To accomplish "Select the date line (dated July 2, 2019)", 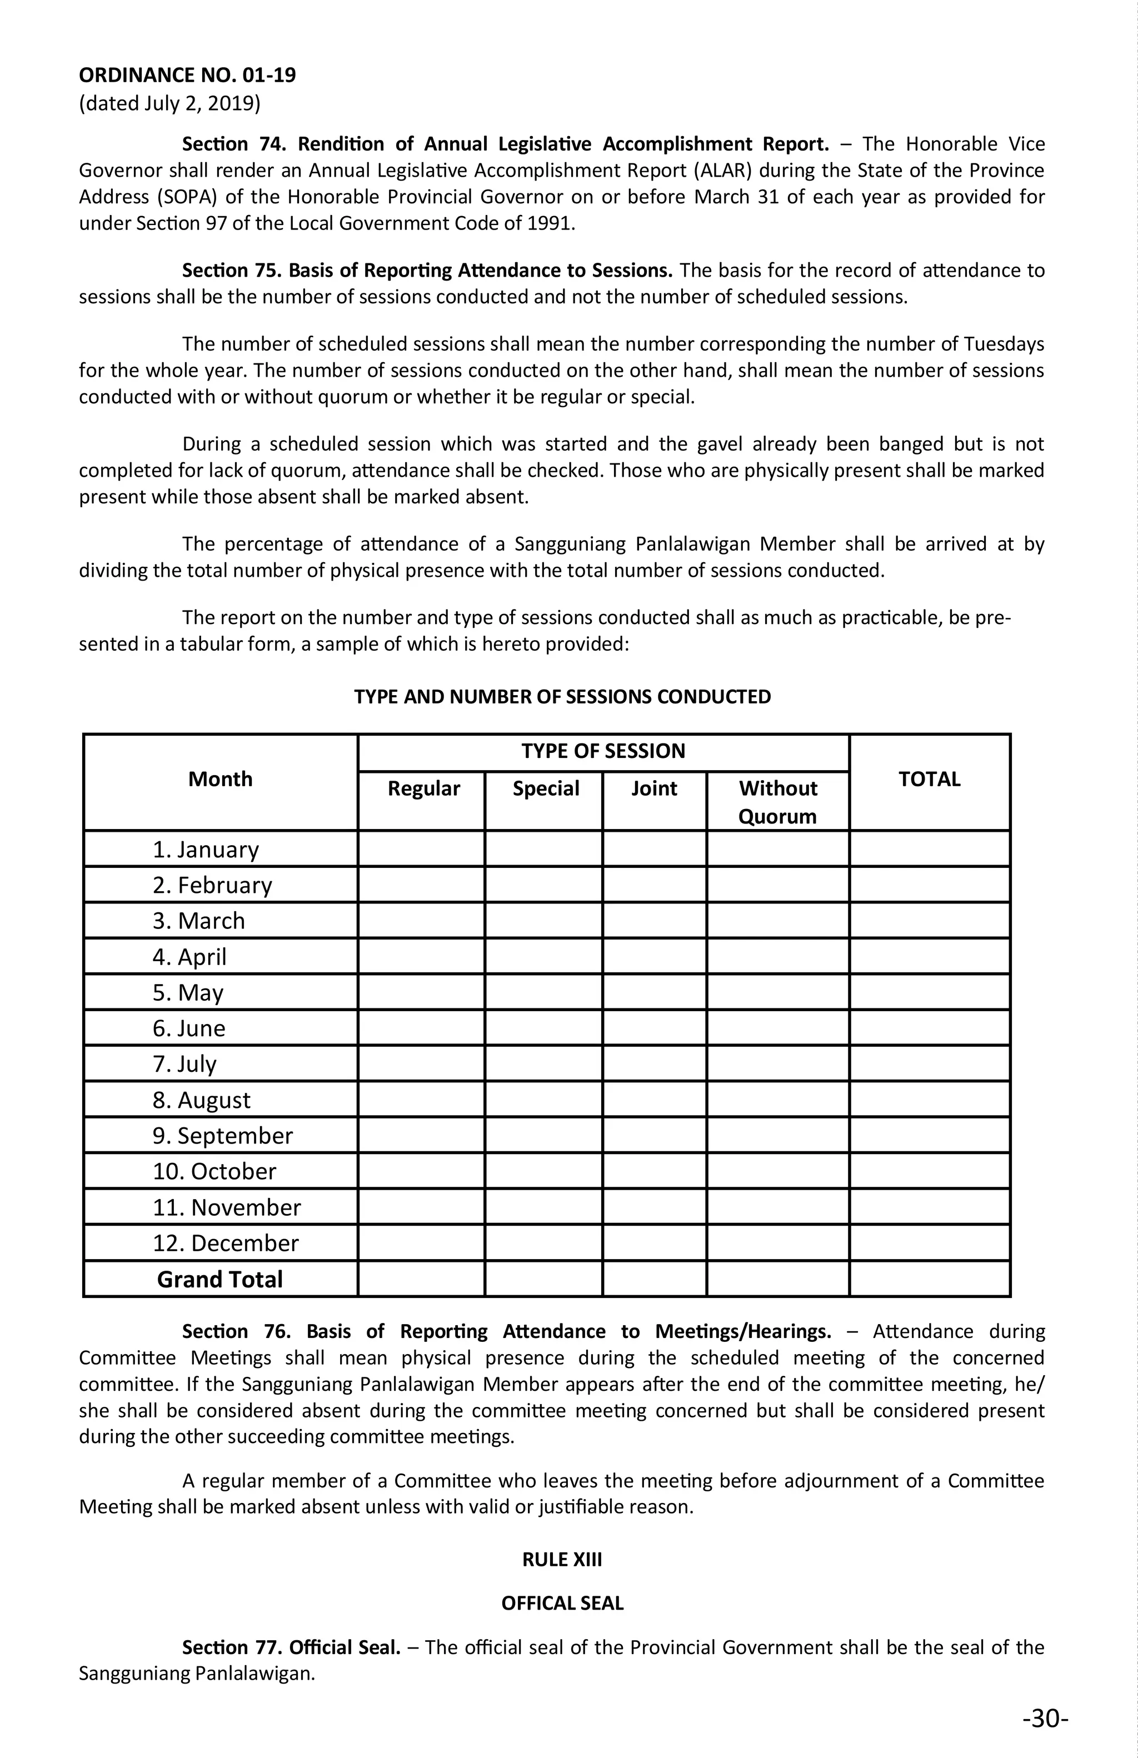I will [x=170, y=103].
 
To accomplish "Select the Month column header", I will [x=220, y=780].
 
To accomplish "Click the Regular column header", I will [x=423, y=789].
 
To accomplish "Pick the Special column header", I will [x=546, y=789].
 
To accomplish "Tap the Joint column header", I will [x=655, y=789].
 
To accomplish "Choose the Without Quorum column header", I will [x=777, y=802].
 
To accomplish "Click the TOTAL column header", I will [x=929, y=780].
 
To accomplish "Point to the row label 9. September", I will [x=222, y=1135].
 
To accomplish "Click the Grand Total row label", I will [x=219, y=1280].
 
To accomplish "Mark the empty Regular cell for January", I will [x=422, y=848].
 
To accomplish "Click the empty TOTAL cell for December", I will [x=929, y=1243].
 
